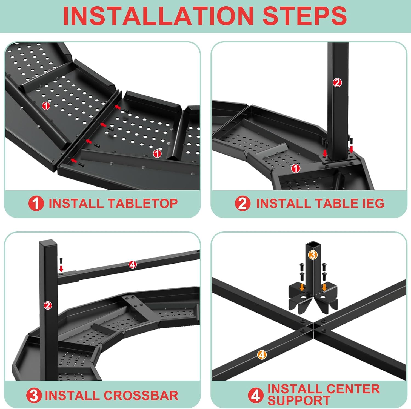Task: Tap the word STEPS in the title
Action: (x=305, y=16)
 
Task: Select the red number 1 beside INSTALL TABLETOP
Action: (x=36, y=204)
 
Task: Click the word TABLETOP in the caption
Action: (x=143, y=204)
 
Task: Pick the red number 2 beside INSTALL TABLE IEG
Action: (x=242, y=204)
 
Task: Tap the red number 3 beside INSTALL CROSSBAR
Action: (x=34, y=396)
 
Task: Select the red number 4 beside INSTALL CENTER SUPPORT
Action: (x=256, y=395)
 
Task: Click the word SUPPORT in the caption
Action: (x=299, y=401)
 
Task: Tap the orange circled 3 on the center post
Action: (x=313, y=255)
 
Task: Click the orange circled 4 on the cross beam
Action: (x=262, y=355)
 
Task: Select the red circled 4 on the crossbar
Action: (x=133, y=265)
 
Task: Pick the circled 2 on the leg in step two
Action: (x=337, y=82)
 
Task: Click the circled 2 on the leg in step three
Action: (x=48, y=305)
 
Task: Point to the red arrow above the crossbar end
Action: (x=61, y=268)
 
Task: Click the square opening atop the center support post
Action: (x=313, y=244)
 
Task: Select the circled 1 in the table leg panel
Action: (x=295, y=168)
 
